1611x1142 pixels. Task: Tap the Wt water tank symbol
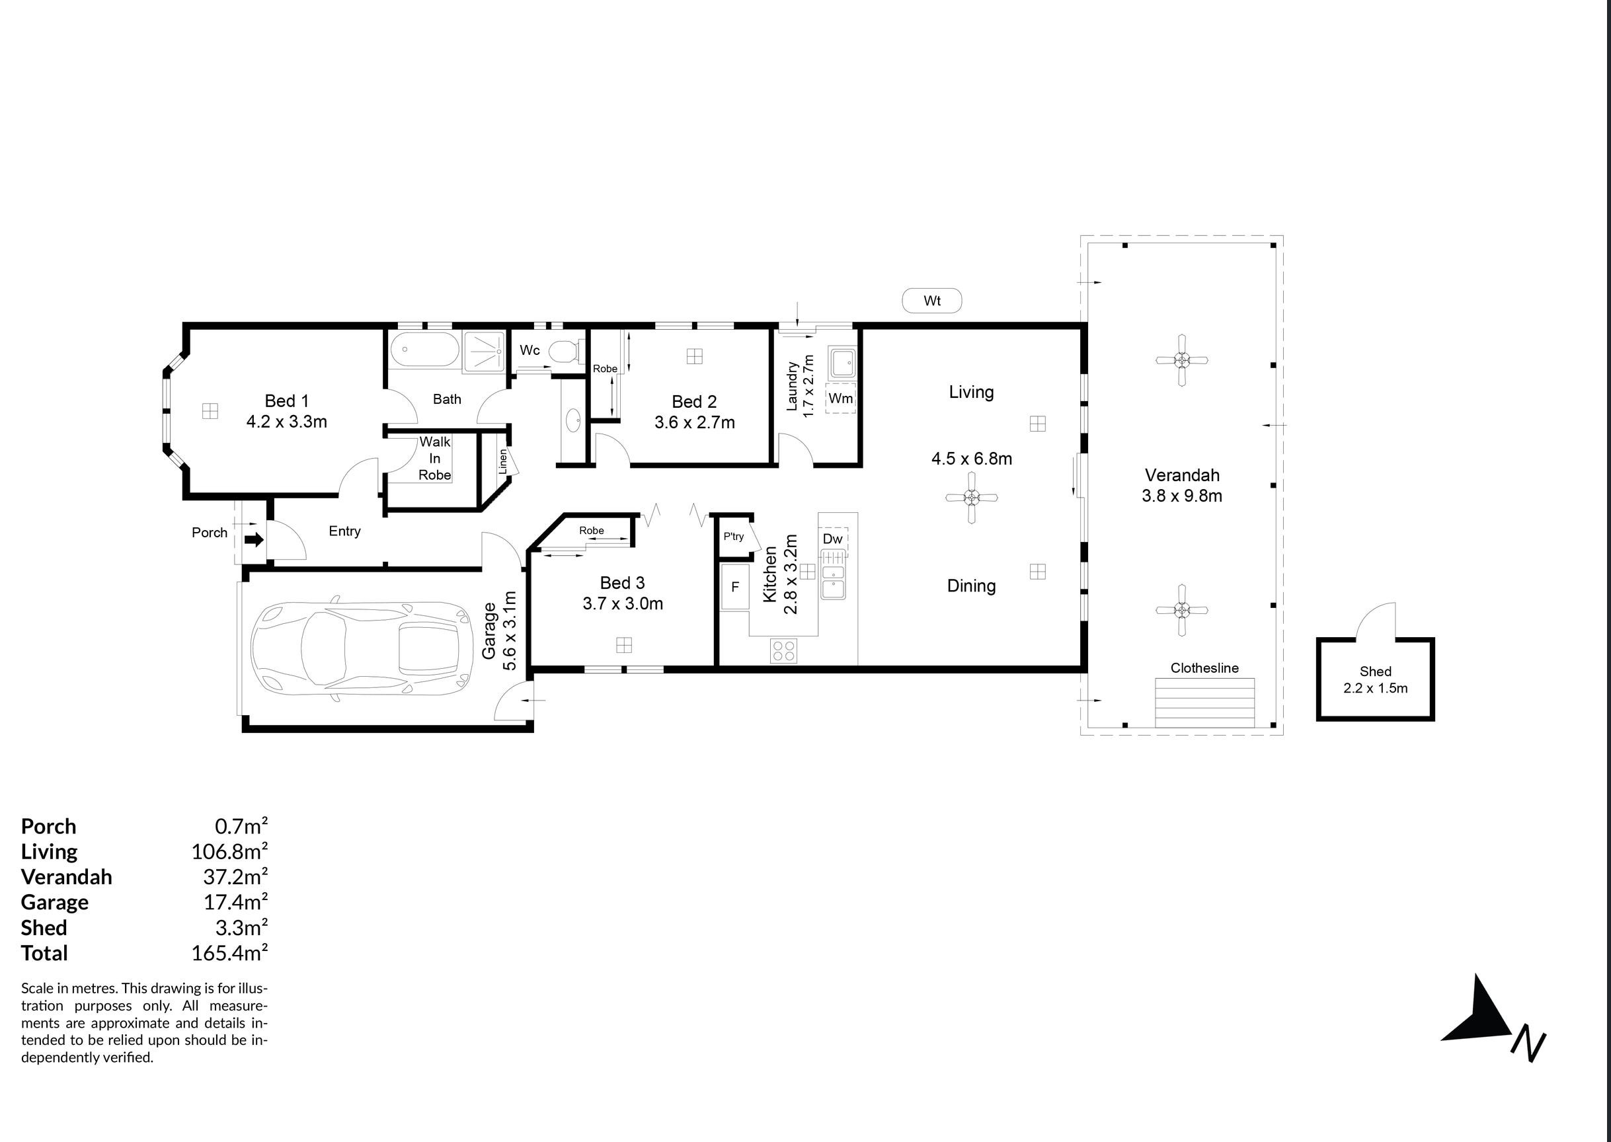(x=931, y=301)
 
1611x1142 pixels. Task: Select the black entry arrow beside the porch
(x=255, y=540)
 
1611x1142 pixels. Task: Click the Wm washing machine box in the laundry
(x=840, y=398)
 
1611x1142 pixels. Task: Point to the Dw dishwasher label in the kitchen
(x=832, y=539)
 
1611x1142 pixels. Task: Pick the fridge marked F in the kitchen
(x=735, y=586)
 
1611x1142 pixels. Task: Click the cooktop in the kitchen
(x=783, y=650)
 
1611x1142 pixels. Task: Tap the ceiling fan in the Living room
(x=972, y=498)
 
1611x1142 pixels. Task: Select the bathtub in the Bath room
(x=424, y=350)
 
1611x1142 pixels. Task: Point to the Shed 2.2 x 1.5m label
(x=1376, y=680)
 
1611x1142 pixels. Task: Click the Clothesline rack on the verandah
(x=1205, y=703)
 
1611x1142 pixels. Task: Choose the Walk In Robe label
(x=434, y=459)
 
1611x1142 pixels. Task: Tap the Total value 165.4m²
(x=229, y=953)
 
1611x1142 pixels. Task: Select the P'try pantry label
(x=733, y=537)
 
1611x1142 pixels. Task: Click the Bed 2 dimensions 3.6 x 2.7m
(x=695, y=422)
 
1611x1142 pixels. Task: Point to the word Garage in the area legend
(x=55, y=903)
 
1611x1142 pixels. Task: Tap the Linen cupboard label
(x=503, y=461)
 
